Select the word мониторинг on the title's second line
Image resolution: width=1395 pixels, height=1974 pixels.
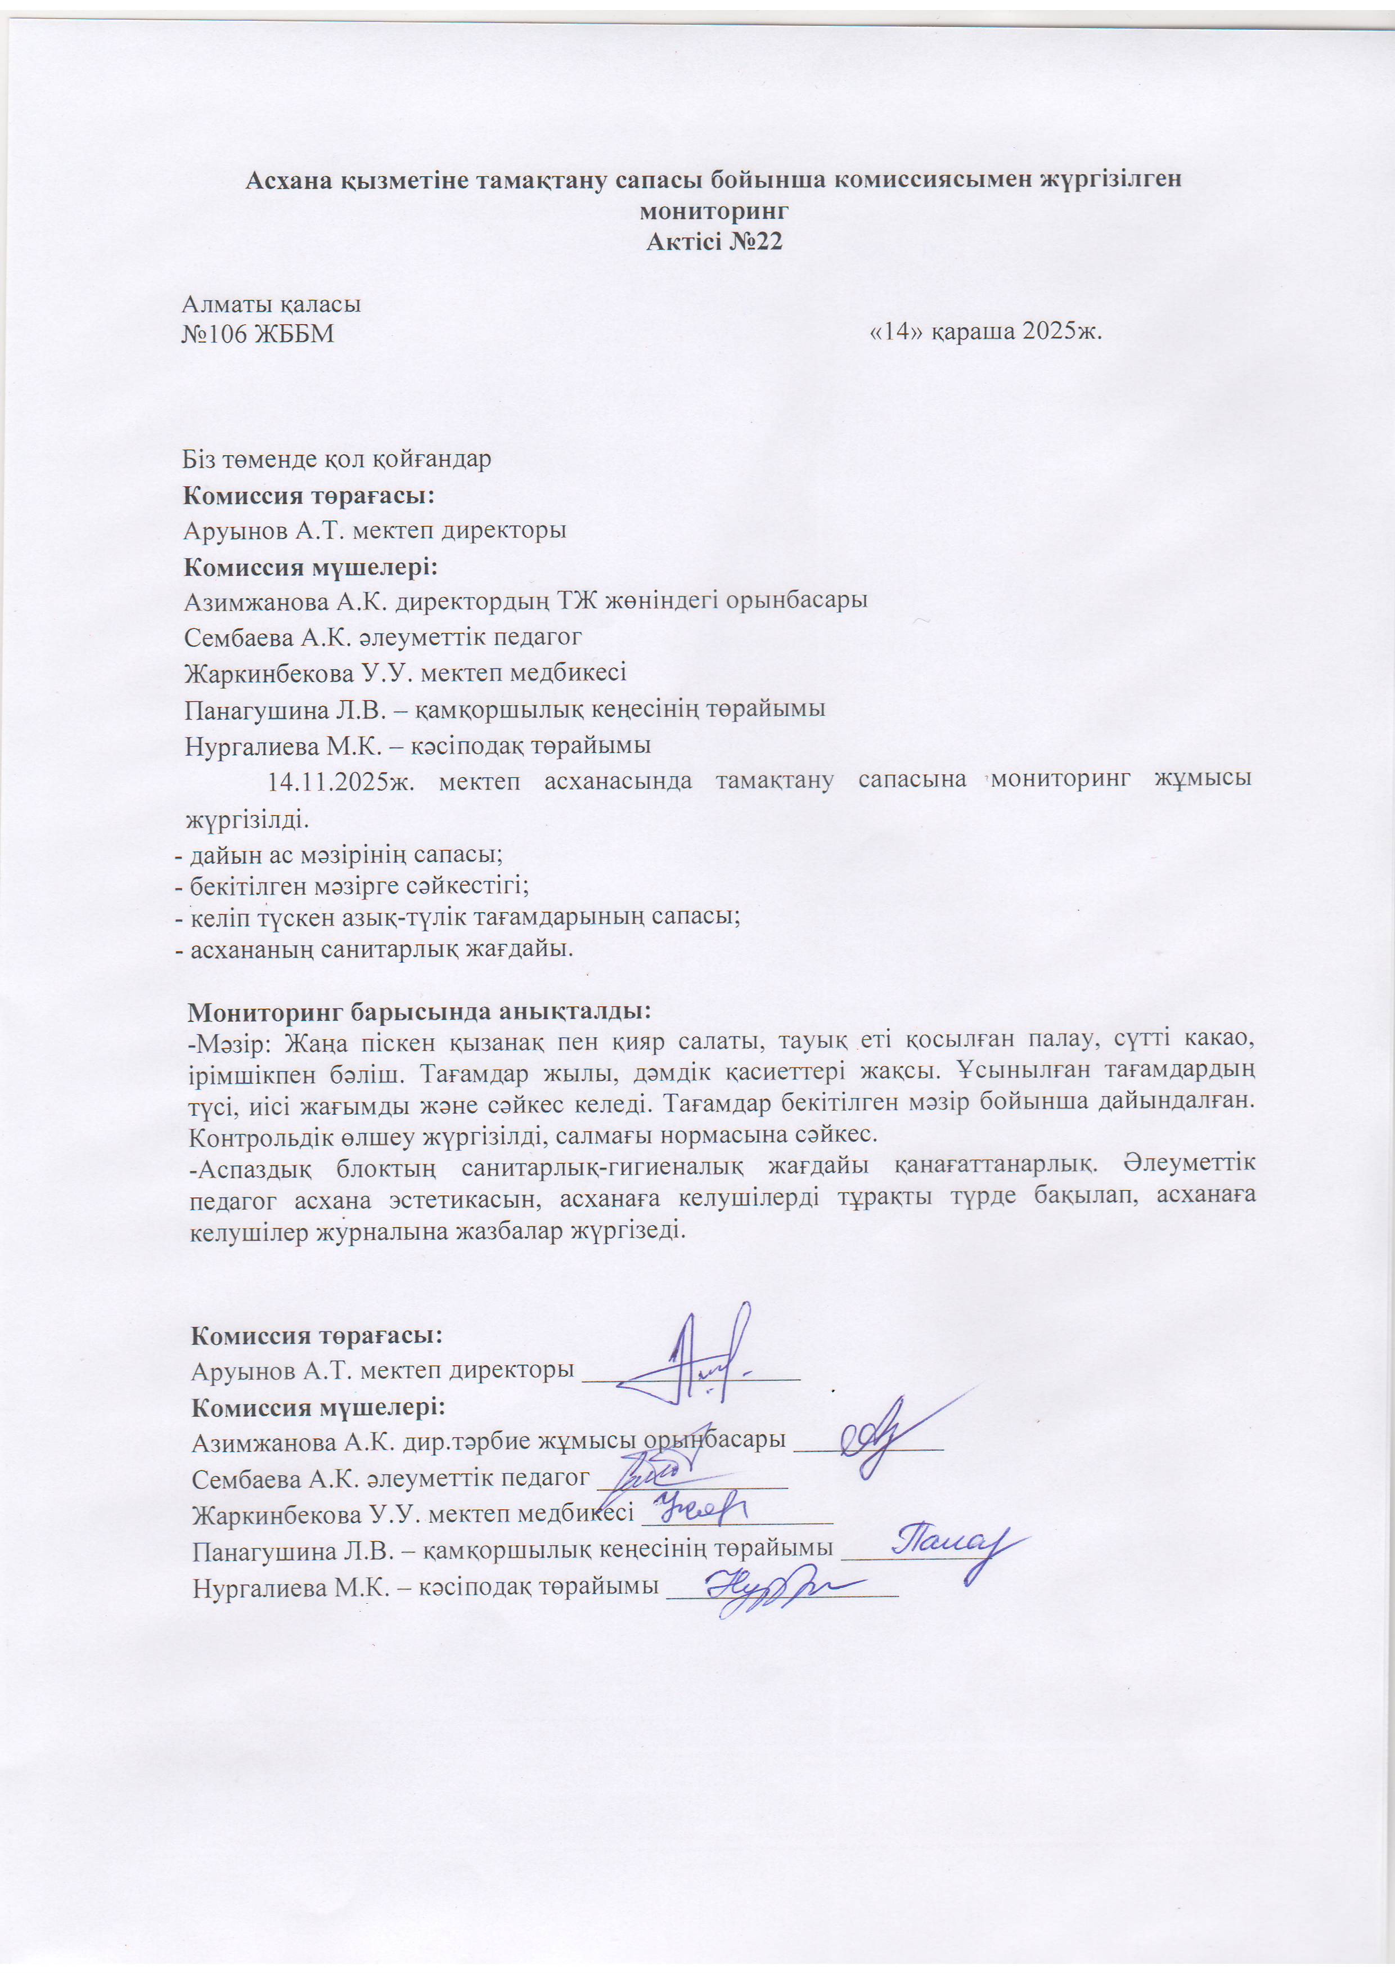click(x=713, y=212)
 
